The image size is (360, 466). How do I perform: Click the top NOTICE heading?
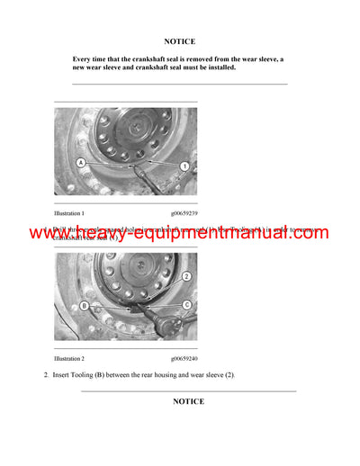coord(179,41)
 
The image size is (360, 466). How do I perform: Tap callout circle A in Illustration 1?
coord(81,163)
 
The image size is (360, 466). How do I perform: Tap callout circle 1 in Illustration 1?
coord(184,166)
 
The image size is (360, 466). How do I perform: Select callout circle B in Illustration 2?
coord(83,305)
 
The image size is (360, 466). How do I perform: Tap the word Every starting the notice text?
coord(84,58)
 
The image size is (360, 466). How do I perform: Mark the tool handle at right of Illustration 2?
coord(171,319)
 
